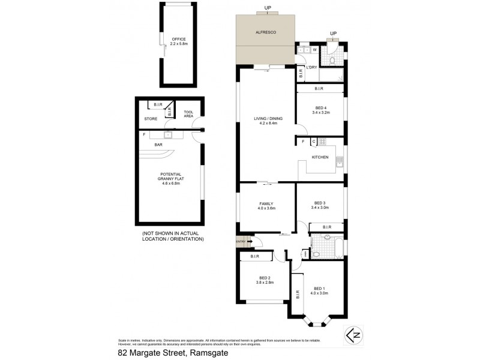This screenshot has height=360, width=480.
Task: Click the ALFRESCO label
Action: tap(265, 31)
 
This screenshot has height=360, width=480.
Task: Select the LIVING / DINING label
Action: tap(268, 121)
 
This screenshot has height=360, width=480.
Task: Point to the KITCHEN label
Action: tap(320, 157)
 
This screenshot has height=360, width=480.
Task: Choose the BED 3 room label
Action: tap(320, 205)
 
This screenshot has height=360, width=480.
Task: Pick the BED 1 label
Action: tap(319, 290)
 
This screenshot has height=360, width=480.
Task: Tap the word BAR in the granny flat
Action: tap(159, 145)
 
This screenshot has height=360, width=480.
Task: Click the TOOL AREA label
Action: tap(188, 113)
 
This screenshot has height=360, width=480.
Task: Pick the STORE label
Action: tap(150, 119)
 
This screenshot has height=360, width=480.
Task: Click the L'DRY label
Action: tap(311, 67)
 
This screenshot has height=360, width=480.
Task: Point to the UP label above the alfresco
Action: tap(268, 8)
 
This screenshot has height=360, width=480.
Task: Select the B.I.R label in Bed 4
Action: tap(319, 89)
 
